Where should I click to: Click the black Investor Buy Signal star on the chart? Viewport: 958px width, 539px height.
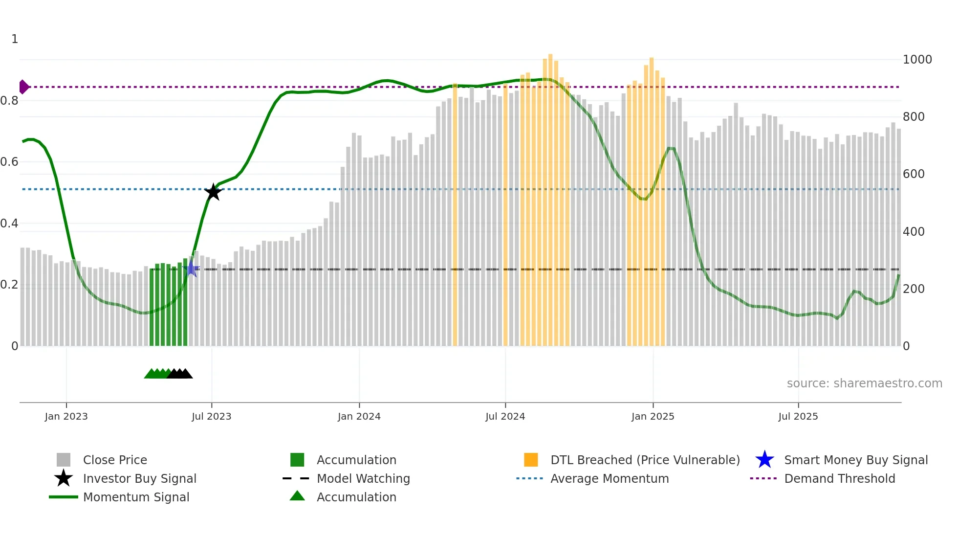pyautogui.click(x=213, y=192)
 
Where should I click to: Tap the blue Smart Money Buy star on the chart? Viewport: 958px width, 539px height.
pyautogui.click(x=192, y=269)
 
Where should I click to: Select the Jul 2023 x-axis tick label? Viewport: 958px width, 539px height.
pyautogui.click(x=211, y=416)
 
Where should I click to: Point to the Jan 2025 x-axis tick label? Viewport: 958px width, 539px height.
pyautogui.click(x=653, y=416)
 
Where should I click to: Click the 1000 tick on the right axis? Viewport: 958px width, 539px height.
pyautogui.click(x=917, y=60)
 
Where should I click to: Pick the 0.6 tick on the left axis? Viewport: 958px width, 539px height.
pyautogui.click(x=9, y=162)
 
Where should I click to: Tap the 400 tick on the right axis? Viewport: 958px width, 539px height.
pyautogui.click(x=914, y=232)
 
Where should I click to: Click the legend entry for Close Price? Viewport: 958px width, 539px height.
pyautogui.click(x=115, y=460)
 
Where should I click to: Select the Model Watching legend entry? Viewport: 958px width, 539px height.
pyautogui.click(x=363, y=478)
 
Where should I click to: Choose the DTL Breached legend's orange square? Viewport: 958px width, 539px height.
pyautogui.click(x=531, y=460)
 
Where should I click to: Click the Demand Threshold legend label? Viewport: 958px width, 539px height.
pyautogui.click(x=839, y=478)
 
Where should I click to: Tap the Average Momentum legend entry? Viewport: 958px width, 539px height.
pyautogui.click(x=609, y=478)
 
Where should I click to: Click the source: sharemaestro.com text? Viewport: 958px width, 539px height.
pyautogui.click(x=864, y=383)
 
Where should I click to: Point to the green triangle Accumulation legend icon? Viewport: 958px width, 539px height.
pyautogui.click(x=297, y=496)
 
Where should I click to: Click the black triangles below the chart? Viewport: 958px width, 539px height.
pyautogui.click(x=180, y=374)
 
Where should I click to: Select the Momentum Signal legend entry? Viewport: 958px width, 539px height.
pyautogui.click(x=136, y=497)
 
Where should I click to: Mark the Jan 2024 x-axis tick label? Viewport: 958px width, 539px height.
pyautogui.click(x=359, y=416)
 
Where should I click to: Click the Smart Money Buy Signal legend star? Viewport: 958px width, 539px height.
pyautogui.click(x=764, y=460)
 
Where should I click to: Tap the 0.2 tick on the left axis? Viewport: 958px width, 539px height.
pyautogui.click(x=9, y=285)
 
